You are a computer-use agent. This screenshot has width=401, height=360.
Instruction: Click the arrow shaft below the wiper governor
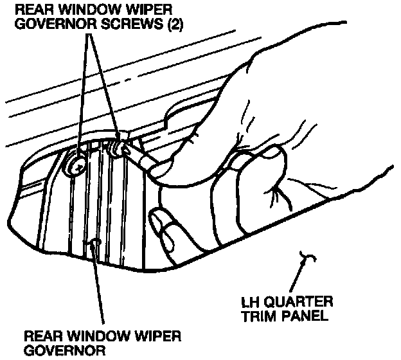pos(99,289)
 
